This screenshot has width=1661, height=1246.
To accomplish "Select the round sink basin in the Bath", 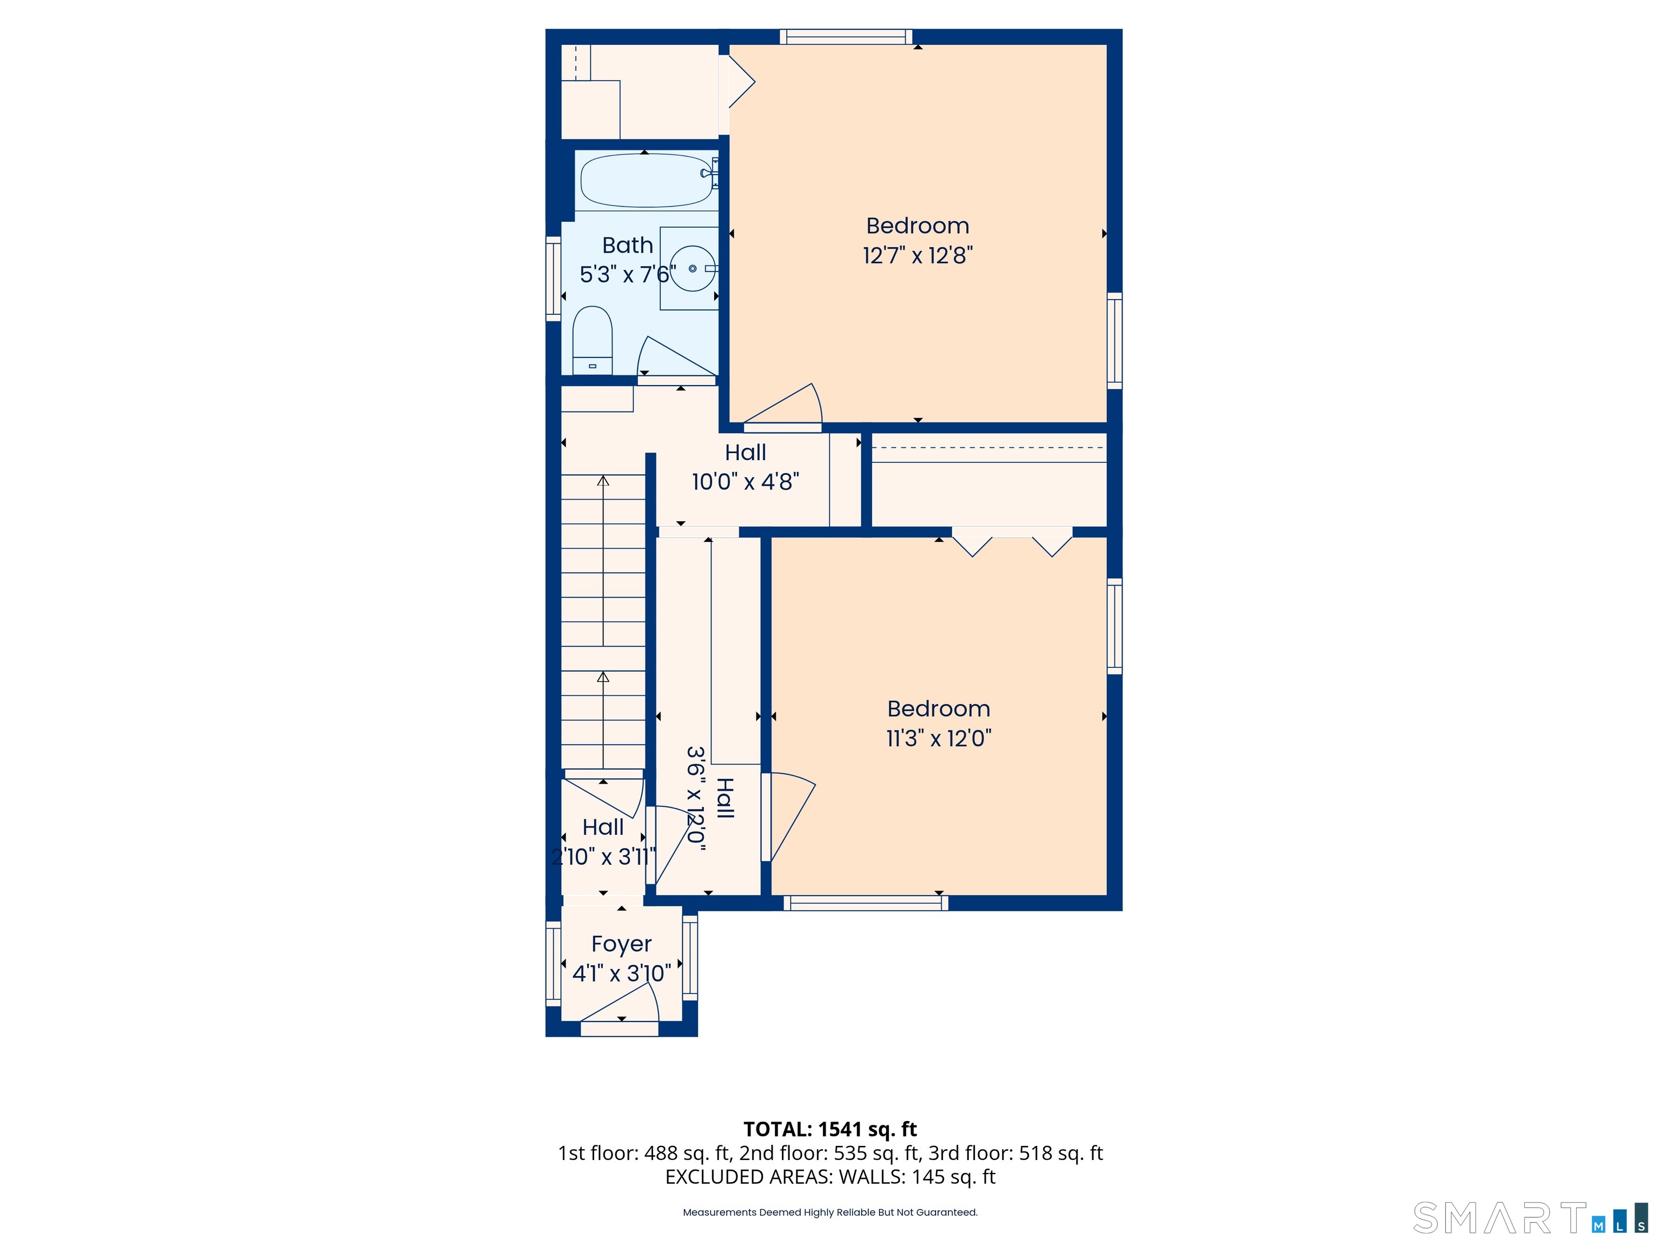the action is [692, 268].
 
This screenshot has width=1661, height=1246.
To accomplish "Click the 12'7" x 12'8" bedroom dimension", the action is [918, 255].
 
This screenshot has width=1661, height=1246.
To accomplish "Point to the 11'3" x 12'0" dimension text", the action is [939, 738].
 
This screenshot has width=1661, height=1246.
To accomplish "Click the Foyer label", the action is [621, 944].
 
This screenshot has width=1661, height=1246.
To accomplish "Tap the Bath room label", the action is [628, 245].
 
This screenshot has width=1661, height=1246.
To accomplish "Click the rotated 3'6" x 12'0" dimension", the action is [697, 798].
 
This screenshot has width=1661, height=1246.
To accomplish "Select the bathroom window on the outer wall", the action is [554, 279].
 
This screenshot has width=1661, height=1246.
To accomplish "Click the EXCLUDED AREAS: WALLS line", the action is [830, 1177].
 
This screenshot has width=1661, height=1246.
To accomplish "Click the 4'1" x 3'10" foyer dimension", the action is [622, 973].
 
